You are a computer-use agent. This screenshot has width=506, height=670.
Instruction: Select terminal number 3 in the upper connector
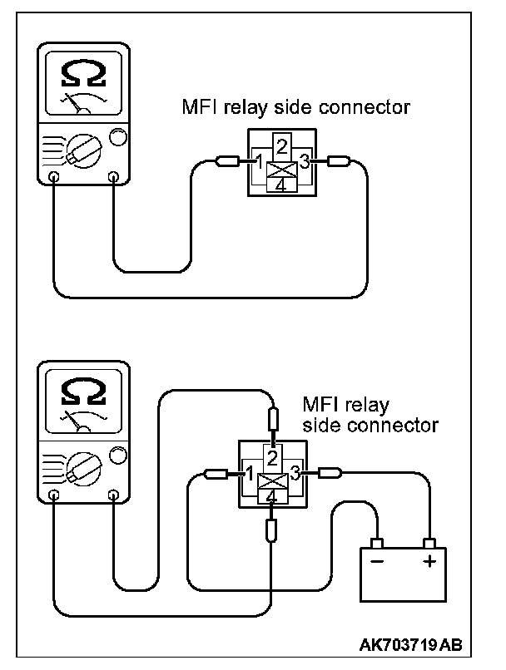[x=305, y=162]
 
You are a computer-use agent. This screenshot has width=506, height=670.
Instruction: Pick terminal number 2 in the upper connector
[x=282, y=147]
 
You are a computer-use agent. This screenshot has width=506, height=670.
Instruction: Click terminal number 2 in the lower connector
[x=271, y=455]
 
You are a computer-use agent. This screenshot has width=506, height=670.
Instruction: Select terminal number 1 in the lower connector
[x=249, y=474]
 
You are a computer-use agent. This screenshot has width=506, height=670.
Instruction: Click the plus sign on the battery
[x=429, y=561]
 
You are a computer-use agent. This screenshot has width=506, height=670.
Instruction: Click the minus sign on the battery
[x=376, y=561]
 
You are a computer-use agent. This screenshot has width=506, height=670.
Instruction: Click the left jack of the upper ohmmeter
[x=53, y=176]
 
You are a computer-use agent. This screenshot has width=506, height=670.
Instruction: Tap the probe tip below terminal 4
[x=271, y=530]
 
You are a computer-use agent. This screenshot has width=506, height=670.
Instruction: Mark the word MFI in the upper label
[x=199, y=108]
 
